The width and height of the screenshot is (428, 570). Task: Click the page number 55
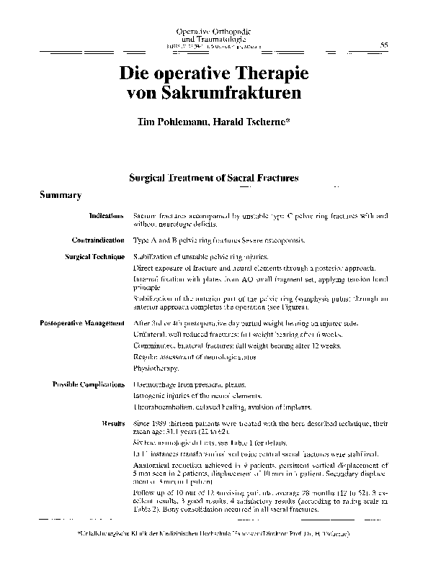[x=384, y=45]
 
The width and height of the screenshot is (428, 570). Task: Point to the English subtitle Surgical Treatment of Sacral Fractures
[x=213, y=176]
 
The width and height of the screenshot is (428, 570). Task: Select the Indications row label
[x=107, y=215]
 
